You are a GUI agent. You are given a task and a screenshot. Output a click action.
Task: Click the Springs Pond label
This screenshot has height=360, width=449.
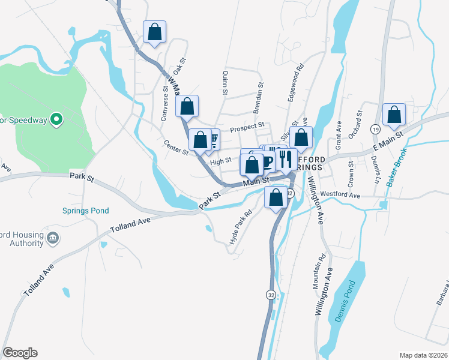point(85,211)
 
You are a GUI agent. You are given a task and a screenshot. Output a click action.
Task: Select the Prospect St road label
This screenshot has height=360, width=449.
point(247,127)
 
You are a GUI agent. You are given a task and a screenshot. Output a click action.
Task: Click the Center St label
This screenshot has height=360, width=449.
point(176,146)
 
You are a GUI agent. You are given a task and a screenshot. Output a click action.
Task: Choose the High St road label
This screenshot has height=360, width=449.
point(221,161)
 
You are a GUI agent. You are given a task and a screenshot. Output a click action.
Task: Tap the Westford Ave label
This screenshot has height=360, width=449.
point(356,195)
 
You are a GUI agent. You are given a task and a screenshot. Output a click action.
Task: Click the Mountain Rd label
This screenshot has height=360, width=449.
point(319,271)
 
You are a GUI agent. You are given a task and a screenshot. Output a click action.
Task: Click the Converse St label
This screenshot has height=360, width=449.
point(164,104)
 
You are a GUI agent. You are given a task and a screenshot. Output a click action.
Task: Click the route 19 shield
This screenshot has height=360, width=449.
point(375,128)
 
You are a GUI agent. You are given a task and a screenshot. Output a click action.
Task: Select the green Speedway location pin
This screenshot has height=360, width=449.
point(56,119)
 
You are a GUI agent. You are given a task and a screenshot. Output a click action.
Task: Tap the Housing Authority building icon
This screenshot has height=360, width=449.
point(53,238)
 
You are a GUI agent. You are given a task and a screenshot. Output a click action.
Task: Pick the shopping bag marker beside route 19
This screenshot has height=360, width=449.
point(394,116)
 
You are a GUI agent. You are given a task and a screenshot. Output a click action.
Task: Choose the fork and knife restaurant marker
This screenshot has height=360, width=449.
point(285,159)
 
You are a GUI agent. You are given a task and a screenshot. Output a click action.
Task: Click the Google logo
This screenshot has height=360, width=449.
point(20,353)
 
